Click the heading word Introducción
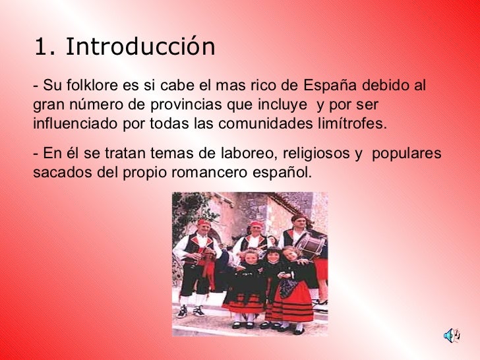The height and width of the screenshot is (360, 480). pyautogui.click(x=140, y=47)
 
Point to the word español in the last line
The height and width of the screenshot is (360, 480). pyautogui.click(x=283, y=173)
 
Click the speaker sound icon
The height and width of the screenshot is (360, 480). pyautogui.click(x=452, y=336)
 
